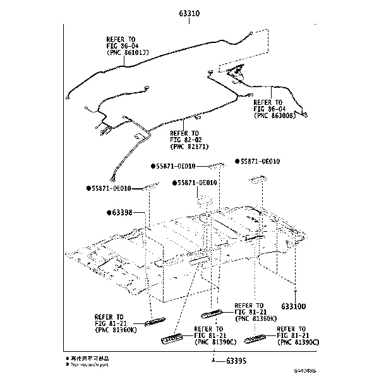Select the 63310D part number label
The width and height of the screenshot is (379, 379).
tap(294, 306)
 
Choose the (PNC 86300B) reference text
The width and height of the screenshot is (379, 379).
tap(274, 116)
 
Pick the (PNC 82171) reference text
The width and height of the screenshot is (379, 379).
tap(191, 147)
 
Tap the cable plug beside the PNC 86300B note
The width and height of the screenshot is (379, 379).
tap(305, 116)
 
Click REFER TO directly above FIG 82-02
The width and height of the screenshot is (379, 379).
tap(184, 133)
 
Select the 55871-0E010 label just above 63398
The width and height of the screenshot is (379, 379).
tap(111, 188)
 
